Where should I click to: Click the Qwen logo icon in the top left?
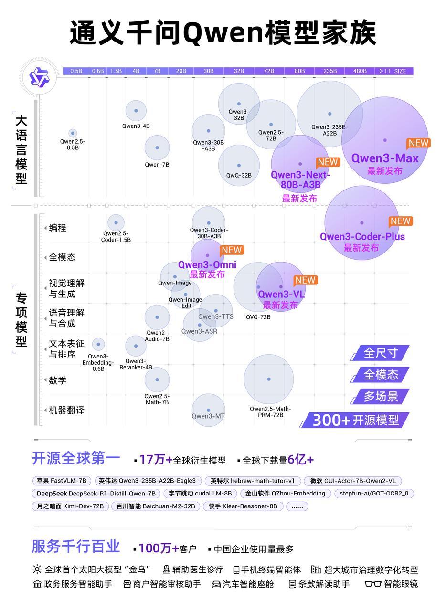pyautogui.click(x=39, y=77)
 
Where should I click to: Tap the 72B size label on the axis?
pyautogui.click(x=269, y=71)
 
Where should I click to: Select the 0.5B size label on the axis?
pyautogui.click(x=76, y=71)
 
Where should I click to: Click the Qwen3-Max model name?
pyautogui.click(x=384, y=158)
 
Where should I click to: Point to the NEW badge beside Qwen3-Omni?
pyautogui.click(x=232, y=250)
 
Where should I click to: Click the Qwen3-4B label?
pyautogui.click(x=136, y=126)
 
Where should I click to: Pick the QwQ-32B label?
pyautogui.click(x=239, y=176)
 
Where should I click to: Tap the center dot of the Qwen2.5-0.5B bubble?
pyautogui.click(x=73, y=133)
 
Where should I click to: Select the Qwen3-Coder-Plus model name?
pyautogui.click(x=362, y=237)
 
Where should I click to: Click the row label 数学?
pyautogui.click(x=57, y=380)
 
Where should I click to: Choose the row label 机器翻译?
pyautogui.click(x=66, y=410)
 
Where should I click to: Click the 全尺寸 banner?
pyautogui.click(x=380, y=353)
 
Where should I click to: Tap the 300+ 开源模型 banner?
pyautogui.click(x=355, y=420)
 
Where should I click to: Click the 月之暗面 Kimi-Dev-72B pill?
pyautogui.click(x=70, y=506)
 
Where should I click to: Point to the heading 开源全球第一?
pyautogui.click(x=76, y=458)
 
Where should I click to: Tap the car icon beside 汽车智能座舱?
pyautogui.click(x=216, y=584)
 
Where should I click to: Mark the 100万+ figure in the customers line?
pyautogui.click(x=159, y=548)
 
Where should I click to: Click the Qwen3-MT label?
pyautogui.click(x=208, y=416)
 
